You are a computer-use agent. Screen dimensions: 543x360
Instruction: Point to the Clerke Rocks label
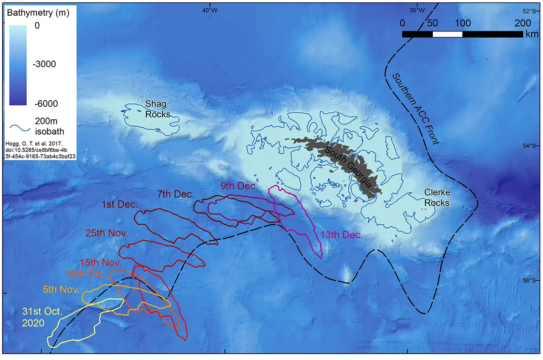point(437,197)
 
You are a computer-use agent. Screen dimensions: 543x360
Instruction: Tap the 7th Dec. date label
point(175,194)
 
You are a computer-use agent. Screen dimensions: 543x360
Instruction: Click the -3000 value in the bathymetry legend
point(45,64)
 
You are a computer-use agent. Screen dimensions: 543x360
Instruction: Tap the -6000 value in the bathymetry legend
point(45,103)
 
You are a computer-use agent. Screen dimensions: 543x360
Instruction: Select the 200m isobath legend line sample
point(19,126)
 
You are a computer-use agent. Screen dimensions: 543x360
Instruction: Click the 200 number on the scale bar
point(523,23)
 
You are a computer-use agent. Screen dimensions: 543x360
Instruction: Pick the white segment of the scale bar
point(447,34)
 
